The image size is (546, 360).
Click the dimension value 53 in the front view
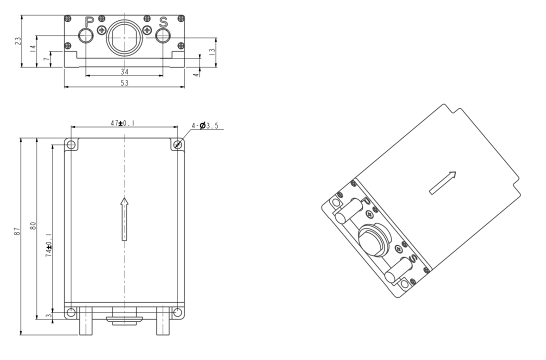(124, 83)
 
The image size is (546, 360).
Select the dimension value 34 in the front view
(124, 71)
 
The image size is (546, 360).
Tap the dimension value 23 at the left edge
(18, 41)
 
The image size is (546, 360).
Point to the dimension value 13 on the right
(212, 50)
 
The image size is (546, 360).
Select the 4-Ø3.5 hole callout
(208, 126)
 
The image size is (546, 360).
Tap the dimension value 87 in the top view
(16, 231)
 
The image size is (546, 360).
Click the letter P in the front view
(89, 22)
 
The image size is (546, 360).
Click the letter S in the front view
(163, 22)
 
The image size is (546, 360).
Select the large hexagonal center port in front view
(124, 37)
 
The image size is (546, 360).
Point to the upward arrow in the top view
(124, 218)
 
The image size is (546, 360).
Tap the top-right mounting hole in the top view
(178, 145)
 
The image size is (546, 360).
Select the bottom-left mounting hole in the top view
(71, 313)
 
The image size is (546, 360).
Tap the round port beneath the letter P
(86, 36)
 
